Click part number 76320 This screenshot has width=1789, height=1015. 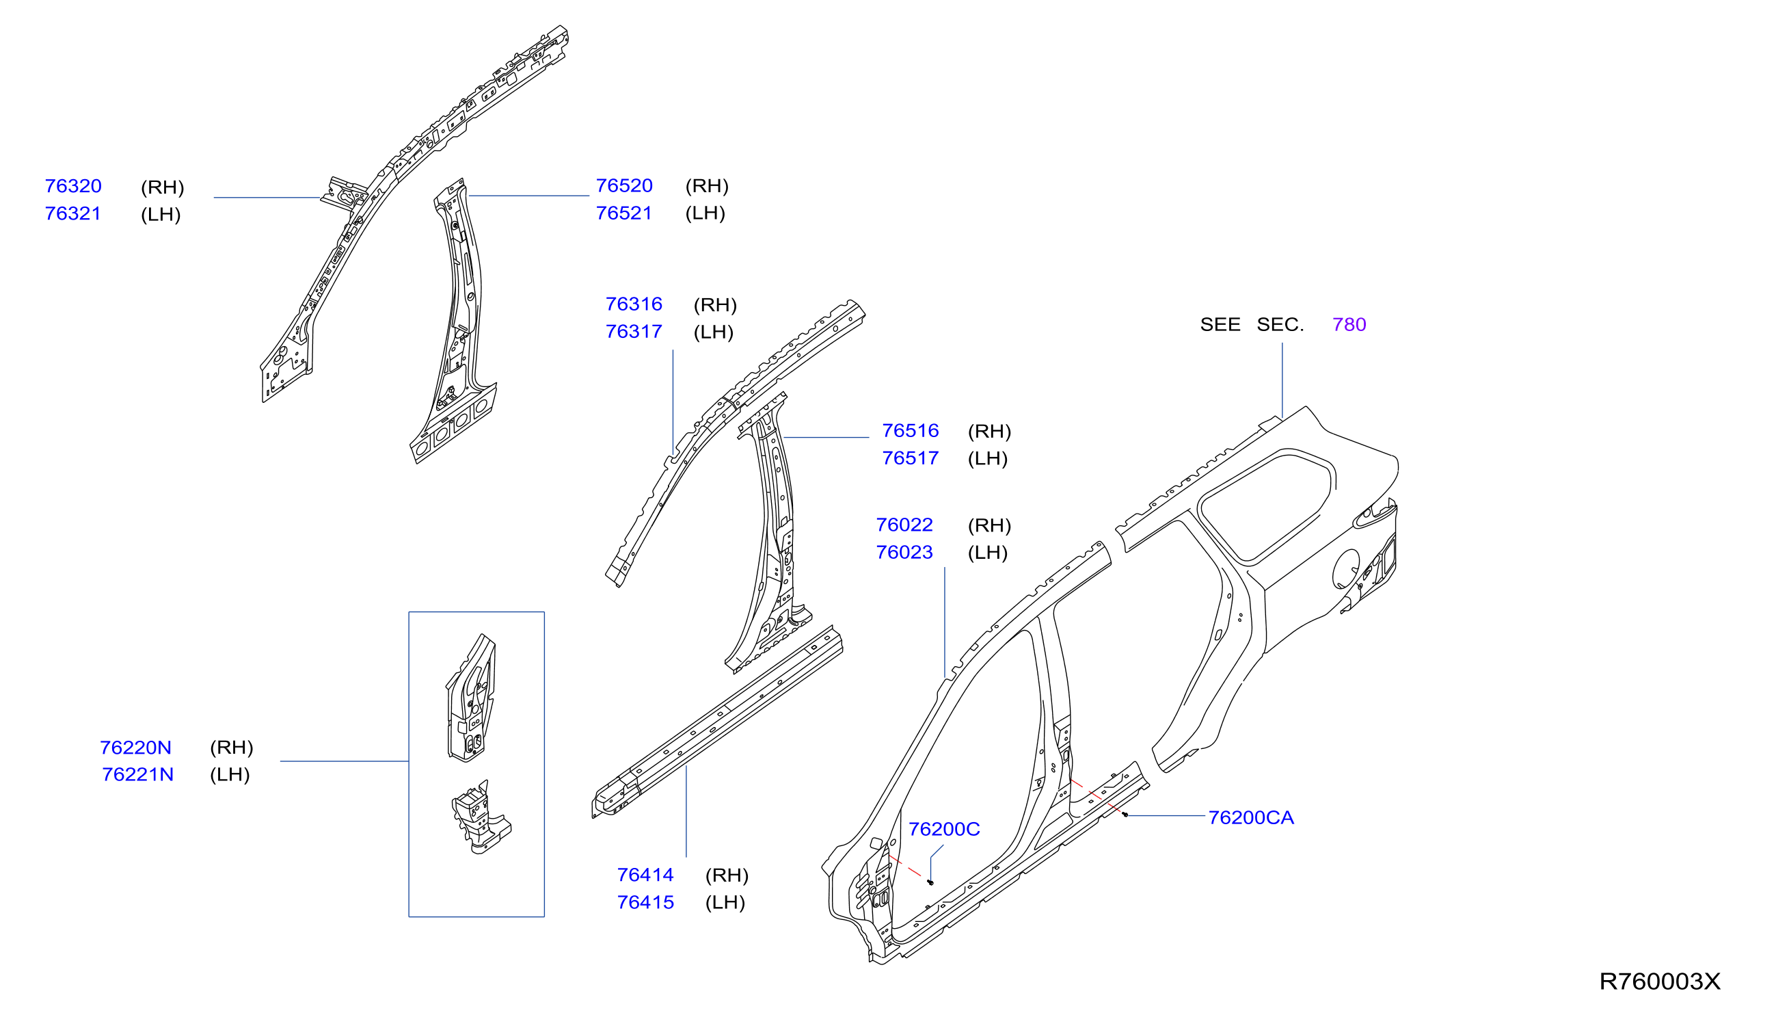click(x=73, y=186)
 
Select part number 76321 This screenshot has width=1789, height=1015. click(x=73, y=213)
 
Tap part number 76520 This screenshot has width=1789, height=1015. click(x=624, y=185)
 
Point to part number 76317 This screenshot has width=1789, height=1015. click(x=634, y=331)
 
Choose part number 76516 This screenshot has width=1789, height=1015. click(x=911, y=431)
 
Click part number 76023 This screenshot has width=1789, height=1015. click(x=904, y=552)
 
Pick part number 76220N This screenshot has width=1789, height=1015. click(x=136, y=748)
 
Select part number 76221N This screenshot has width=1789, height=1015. click(x=138, y=774)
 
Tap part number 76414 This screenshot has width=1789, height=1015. click(x=646, y=875)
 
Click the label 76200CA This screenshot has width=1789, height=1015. click(x=1251, y=818)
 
